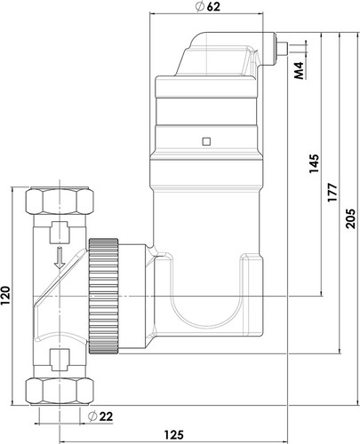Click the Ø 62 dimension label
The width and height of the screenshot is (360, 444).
pyautogui.click(x=208, y=7)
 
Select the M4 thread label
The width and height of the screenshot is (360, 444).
pyautogui.click(x=300, y=70)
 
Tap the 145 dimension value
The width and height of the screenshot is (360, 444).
pyautogui.click(x=314, y=163)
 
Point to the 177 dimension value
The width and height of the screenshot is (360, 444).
pyautogui.click(x=332, y=193)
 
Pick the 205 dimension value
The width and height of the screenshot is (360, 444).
pyautogui.click(x=350, y=218)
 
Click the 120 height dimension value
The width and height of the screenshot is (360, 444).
pyautogui.click(x=5, y=296)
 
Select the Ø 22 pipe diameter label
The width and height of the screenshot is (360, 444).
pyautogui.click(x=100, y=416)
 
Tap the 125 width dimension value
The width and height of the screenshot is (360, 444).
pyautogui.click(x=174, y=435)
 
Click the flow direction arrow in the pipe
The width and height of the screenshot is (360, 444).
pyautogui.click(x=60, y=258)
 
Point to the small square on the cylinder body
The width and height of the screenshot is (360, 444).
pyautogui.click(x=206, y=142)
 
